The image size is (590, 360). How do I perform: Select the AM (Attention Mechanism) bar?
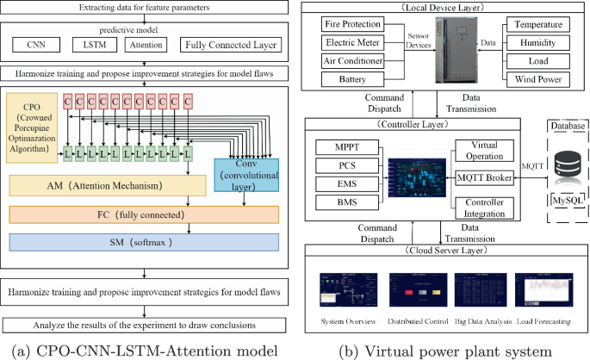point(107,185)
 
